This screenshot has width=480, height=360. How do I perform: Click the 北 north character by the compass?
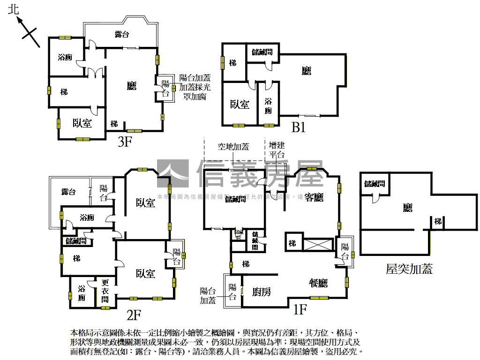pos(14,10)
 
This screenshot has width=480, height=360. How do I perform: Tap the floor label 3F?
pos(124,142)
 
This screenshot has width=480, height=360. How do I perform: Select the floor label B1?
pos(298,127)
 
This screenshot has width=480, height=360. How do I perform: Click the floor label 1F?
pos(300,309)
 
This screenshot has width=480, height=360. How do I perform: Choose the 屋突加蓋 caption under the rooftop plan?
pos(409,269)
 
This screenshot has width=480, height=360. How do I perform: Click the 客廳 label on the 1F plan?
pos(314,197)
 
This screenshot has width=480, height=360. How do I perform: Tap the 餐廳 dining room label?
pos(318,283)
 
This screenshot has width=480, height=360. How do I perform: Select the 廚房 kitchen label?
pos(262,292)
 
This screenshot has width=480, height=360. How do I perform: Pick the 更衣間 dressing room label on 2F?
pos(105,291)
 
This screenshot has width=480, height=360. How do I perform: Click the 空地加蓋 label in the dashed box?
pos(233,147)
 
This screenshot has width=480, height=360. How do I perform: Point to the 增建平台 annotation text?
pos(277,150)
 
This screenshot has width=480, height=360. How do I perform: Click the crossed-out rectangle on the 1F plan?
pos(318,244)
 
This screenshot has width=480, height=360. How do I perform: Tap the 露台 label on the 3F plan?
pos(122,34)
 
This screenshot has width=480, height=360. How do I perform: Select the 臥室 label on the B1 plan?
pos(240,104)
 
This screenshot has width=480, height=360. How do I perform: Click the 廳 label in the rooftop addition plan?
pos(408,207)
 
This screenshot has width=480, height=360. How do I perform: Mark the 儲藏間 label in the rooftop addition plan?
pos(375,184)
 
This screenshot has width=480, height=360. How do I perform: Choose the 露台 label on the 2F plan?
pos(68,192)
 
